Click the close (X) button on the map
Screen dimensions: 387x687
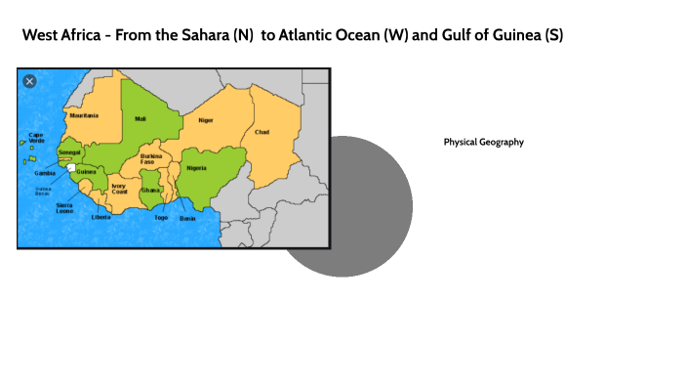[29, 81]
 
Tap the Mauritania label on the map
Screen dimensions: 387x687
[84, 115]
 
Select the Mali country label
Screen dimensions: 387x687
[141, 118]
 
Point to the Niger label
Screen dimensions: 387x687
[206, 119]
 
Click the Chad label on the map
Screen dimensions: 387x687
[262, 131]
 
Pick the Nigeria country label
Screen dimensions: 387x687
[197, 168]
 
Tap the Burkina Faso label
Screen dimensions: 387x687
[151, 159]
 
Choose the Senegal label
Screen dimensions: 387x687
[69, 153]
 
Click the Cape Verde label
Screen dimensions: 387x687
[36, 138]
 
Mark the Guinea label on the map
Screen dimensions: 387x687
[86, 173]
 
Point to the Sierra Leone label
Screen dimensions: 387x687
[64, 208]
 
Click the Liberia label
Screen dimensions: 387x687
[101, 217]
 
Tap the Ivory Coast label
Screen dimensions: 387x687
[119, 189]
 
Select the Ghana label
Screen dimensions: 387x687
[150, 190]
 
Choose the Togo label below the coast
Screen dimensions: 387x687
[161, 218]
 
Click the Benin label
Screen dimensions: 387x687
[187, 218]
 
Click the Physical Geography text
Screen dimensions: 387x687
[483, 142]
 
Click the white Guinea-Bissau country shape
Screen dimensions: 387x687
[70, 168]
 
